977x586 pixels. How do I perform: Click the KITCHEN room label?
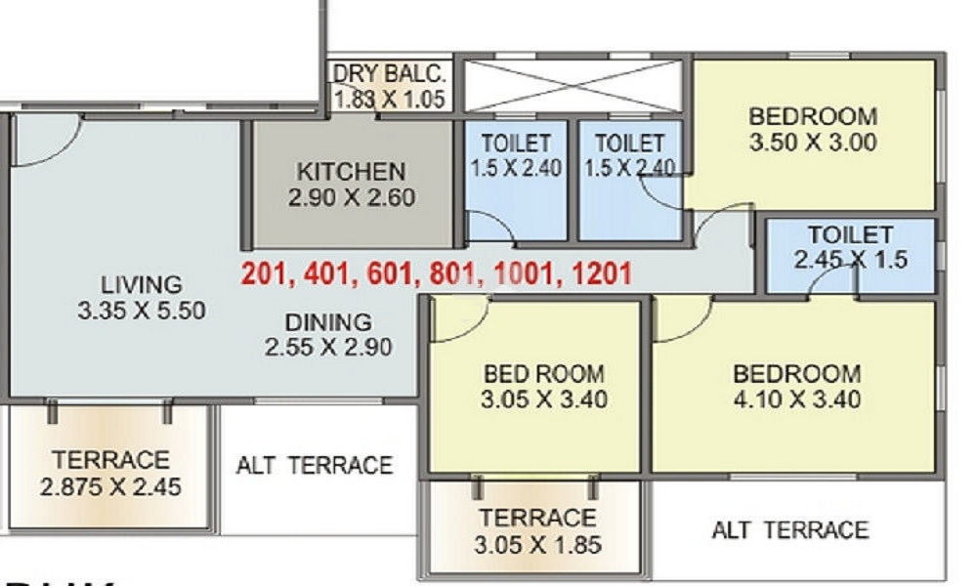pyautogui.click(x=351, y=172)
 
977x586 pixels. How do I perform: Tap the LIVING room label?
pyautogui.click(x=142, y=285)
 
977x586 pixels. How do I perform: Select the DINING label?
pyautogui.click(x=328, y=321)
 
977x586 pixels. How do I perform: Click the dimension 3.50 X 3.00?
pyautogui.click(x=813, y=143)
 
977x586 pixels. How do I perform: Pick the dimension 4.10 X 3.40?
pyautogui.click(x=797, y=399)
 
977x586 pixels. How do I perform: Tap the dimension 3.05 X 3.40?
pyautogui.click(x=543, y=399)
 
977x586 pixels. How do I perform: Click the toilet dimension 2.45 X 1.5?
pyautogui.click(x=851, y=260)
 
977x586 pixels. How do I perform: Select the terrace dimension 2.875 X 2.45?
pyautogui.click(x=110, y=486)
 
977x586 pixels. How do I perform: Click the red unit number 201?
pyautogui.click(x=266, y=274)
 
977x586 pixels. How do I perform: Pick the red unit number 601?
pyautogui.click(x=389, y=274)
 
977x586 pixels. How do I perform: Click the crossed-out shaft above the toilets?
pyautogui.click(x=571, y=85)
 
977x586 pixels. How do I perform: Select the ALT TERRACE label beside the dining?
pyautogui.click(x=314, y=465)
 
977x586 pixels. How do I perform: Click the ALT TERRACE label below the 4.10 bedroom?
pyautogui.click(x=789, y=530)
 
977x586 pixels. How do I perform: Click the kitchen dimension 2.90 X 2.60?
pyautogui.click(x=351, y=197)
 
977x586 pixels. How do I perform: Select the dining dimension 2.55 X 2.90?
pyautogui.click(x=328, y=347)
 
